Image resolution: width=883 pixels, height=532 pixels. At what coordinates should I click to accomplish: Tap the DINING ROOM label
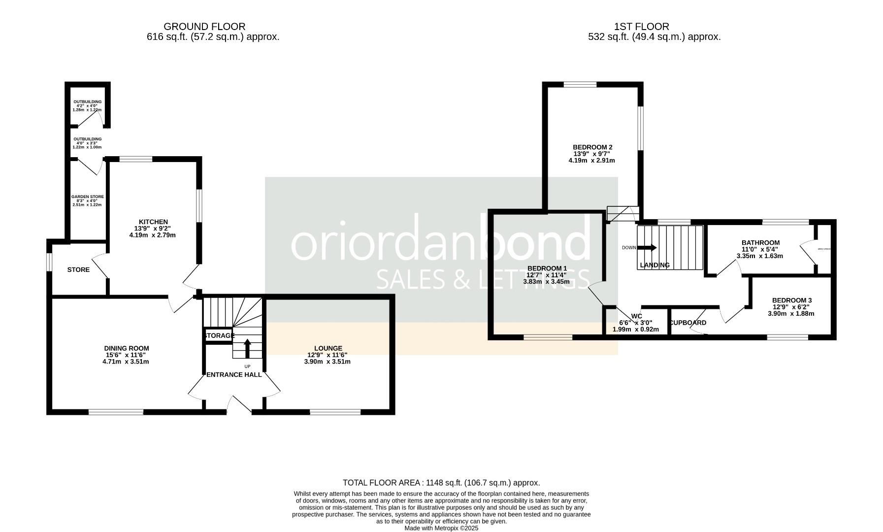coord(126,348)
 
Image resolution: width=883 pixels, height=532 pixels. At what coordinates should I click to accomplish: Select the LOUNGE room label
coord(327,348)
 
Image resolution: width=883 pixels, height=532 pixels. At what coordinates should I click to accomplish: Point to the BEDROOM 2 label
coord(592,147)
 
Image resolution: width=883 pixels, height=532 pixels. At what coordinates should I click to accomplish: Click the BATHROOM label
coord(760,243)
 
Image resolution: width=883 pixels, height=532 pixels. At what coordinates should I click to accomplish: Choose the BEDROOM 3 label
coord(791,300)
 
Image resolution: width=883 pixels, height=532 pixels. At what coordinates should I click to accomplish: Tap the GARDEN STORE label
coord(87,197)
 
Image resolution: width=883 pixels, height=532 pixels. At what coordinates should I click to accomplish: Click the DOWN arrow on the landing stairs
coord(647,248)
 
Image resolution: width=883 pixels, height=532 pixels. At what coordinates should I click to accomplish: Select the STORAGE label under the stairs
coord(219,335)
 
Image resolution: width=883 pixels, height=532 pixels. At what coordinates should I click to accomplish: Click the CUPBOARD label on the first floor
coord(688,323)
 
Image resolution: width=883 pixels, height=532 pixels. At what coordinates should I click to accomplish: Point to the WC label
coord(636,316)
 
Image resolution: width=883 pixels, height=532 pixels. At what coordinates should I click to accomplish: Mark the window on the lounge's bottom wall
coord(335,412)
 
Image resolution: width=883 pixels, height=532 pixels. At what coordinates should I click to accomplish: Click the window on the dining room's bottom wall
coord(116,412)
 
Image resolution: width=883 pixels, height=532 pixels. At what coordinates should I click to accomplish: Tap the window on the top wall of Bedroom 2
coord(580,85)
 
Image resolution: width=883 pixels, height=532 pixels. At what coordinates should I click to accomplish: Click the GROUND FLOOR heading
coord(204,27)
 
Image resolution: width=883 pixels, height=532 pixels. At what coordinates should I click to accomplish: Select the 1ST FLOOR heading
coord(641,27)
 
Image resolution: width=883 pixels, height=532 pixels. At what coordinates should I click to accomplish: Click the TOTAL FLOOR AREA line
coord(441,483)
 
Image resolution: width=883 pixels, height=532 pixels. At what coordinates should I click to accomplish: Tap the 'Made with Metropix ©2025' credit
coord(441,528)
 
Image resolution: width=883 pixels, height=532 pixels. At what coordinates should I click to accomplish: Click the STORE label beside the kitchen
coord(78,270)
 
